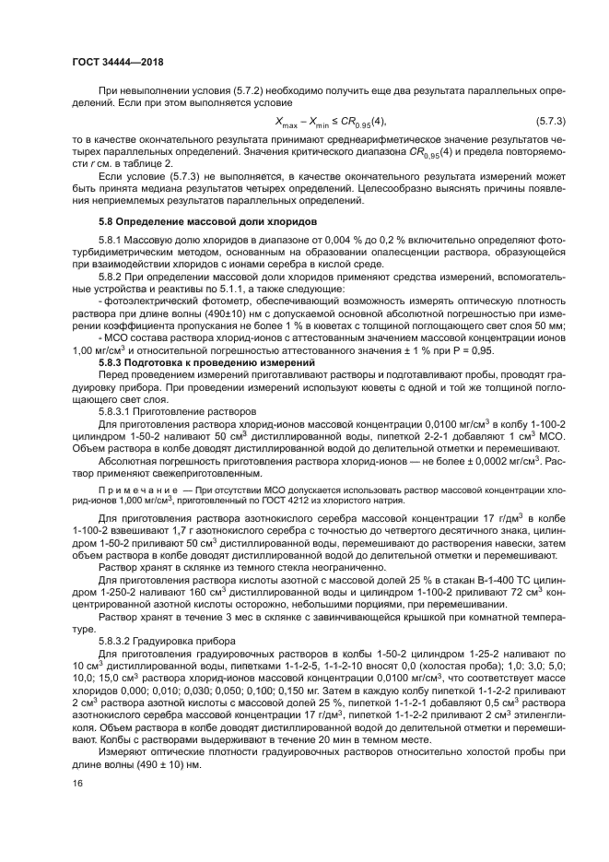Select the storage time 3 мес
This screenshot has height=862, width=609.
(x=205, y=613)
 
